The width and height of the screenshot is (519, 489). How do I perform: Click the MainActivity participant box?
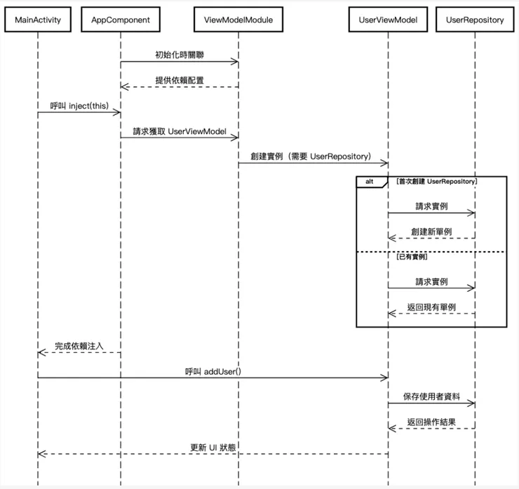click(x=38, y=20)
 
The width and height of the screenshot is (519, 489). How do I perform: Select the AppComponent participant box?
click(x=121, y=20)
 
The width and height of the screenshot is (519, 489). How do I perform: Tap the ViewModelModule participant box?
click(x=238, y=20)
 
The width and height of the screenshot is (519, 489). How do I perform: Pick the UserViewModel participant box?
click(x=388, y=20)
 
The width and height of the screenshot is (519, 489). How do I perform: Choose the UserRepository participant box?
click(x=475, y=20)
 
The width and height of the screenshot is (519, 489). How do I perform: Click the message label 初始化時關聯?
click(x=180, y=55)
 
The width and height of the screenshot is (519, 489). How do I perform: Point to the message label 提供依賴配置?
click(x=180, y=80)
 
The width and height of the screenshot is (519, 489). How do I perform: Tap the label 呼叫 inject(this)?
click(x=79, y=105)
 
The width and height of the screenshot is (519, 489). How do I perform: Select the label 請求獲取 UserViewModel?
click(x=179, y=131)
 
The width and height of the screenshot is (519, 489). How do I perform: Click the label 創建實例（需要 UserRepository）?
click(x=311, y=156)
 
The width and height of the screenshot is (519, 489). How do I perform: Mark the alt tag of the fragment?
click(x=370, y=182)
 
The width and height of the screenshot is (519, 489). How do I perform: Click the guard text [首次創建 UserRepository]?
click(x=437, y=182)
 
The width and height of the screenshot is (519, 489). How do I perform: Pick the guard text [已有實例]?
click(x=412, y=257)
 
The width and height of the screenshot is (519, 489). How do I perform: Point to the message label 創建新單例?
click(x=431, y=232)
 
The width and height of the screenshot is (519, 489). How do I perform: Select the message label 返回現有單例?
click(x=431, y=307)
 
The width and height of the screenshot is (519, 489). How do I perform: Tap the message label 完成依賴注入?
click(x=79, y=346)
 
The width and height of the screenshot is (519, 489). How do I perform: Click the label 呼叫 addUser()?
click(x=213, y=371)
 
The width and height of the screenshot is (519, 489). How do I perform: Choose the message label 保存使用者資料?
click(x=431, y=396)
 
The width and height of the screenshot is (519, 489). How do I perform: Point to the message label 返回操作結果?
click(x=431, y=422)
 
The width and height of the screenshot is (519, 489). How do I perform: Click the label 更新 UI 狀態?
click(x=213, y=448)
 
